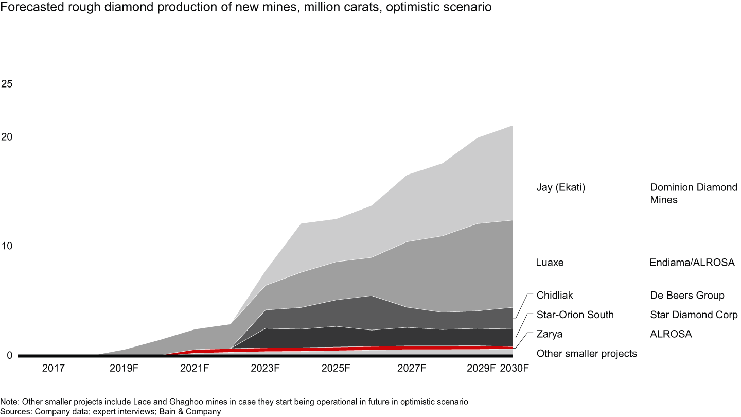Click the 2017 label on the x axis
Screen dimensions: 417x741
click(53, 369)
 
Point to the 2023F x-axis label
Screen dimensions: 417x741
click(265, 369)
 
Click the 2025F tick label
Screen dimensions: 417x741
click(336, 369)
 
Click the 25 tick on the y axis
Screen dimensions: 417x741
click(7, 83)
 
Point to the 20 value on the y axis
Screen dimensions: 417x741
click(7, 137)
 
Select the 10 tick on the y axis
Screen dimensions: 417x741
click(7, 246)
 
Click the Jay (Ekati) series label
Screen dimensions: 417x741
click(561, 188)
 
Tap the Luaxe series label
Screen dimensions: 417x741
click(550, 263)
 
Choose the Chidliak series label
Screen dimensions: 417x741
click(554, 296)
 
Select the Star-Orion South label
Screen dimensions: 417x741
click(575, 315)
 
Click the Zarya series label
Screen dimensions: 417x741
click(549, 334)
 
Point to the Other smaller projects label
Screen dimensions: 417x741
click(587, 354)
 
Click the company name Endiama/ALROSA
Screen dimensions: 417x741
click(692, 263)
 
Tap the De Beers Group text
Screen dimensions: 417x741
click(687, 296)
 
